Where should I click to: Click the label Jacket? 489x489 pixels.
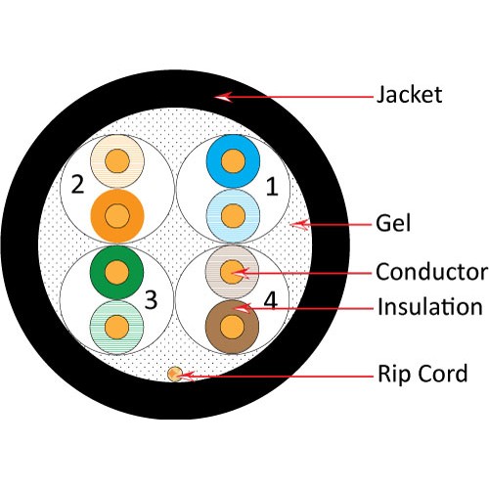tap(410, 95)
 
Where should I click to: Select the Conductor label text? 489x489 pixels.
tap(431, 270)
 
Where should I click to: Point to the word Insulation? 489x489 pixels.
tap(430, 307)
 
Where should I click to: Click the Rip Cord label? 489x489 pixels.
tap(422, 373)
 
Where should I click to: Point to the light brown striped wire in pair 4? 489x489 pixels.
tap(232, 271)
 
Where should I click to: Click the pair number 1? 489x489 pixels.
tap(271, 183)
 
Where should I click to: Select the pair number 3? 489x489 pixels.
tap(150, 299)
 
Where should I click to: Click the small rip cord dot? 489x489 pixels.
tap(175, 374)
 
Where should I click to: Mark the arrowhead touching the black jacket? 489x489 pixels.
tap(223, 96)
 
